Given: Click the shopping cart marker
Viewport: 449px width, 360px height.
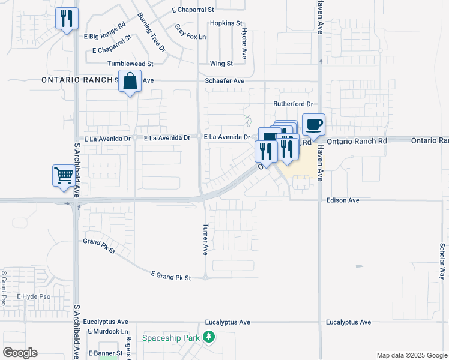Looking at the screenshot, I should pyautogui.click(x=64, y=176).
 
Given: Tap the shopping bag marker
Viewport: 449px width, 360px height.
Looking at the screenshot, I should pyautogui.click(x=130, y=82).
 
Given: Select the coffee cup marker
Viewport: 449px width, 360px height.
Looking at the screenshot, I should pyautogui.click(x=313, y=125).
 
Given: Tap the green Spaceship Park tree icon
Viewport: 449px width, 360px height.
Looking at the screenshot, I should pyautogui.click(x=209, y=338).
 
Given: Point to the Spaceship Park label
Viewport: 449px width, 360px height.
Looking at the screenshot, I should pyautogui.click(x=170, y=338).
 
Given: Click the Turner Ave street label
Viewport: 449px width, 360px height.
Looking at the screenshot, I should pyautogui.click(x=205, y=239).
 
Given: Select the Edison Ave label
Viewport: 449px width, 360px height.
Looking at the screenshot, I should pyautogui.click(x=343, y=200).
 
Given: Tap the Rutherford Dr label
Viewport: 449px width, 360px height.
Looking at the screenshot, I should pyautogui.click(x=294, y=104).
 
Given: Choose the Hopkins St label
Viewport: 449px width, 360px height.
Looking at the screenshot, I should pyautogui.click(x=225, y=23).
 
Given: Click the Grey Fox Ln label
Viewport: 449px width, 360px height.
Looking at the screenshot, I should pyautogui.click(x=190, y=32).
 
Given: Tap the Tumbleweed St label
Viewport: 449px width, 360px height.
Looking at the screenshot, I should pyautogui.click(x=130, y=64).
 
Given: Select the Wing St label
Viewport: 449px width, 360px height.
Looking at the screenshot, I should pyautogui.click(x=221, y=64).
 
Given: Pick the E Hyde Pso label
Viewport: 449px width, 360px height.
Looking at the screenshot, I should pyautogui.click(x=34, y=297).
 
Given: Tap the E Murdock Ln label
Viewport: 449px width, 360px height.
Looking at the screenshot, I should pyautogui.click(x=108, y=331).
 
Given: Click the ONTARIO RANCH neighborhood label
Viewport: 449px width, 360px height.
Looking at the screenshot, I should pyautogui.click(x=77, y=80).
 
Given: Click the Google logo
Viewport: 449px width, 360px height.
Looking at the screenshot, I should pyautogui.click(x=20, y=353).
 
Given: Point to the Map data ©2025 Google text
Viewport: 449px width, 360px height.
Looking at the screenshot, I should pyautogui.click(x=411, y=355).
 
